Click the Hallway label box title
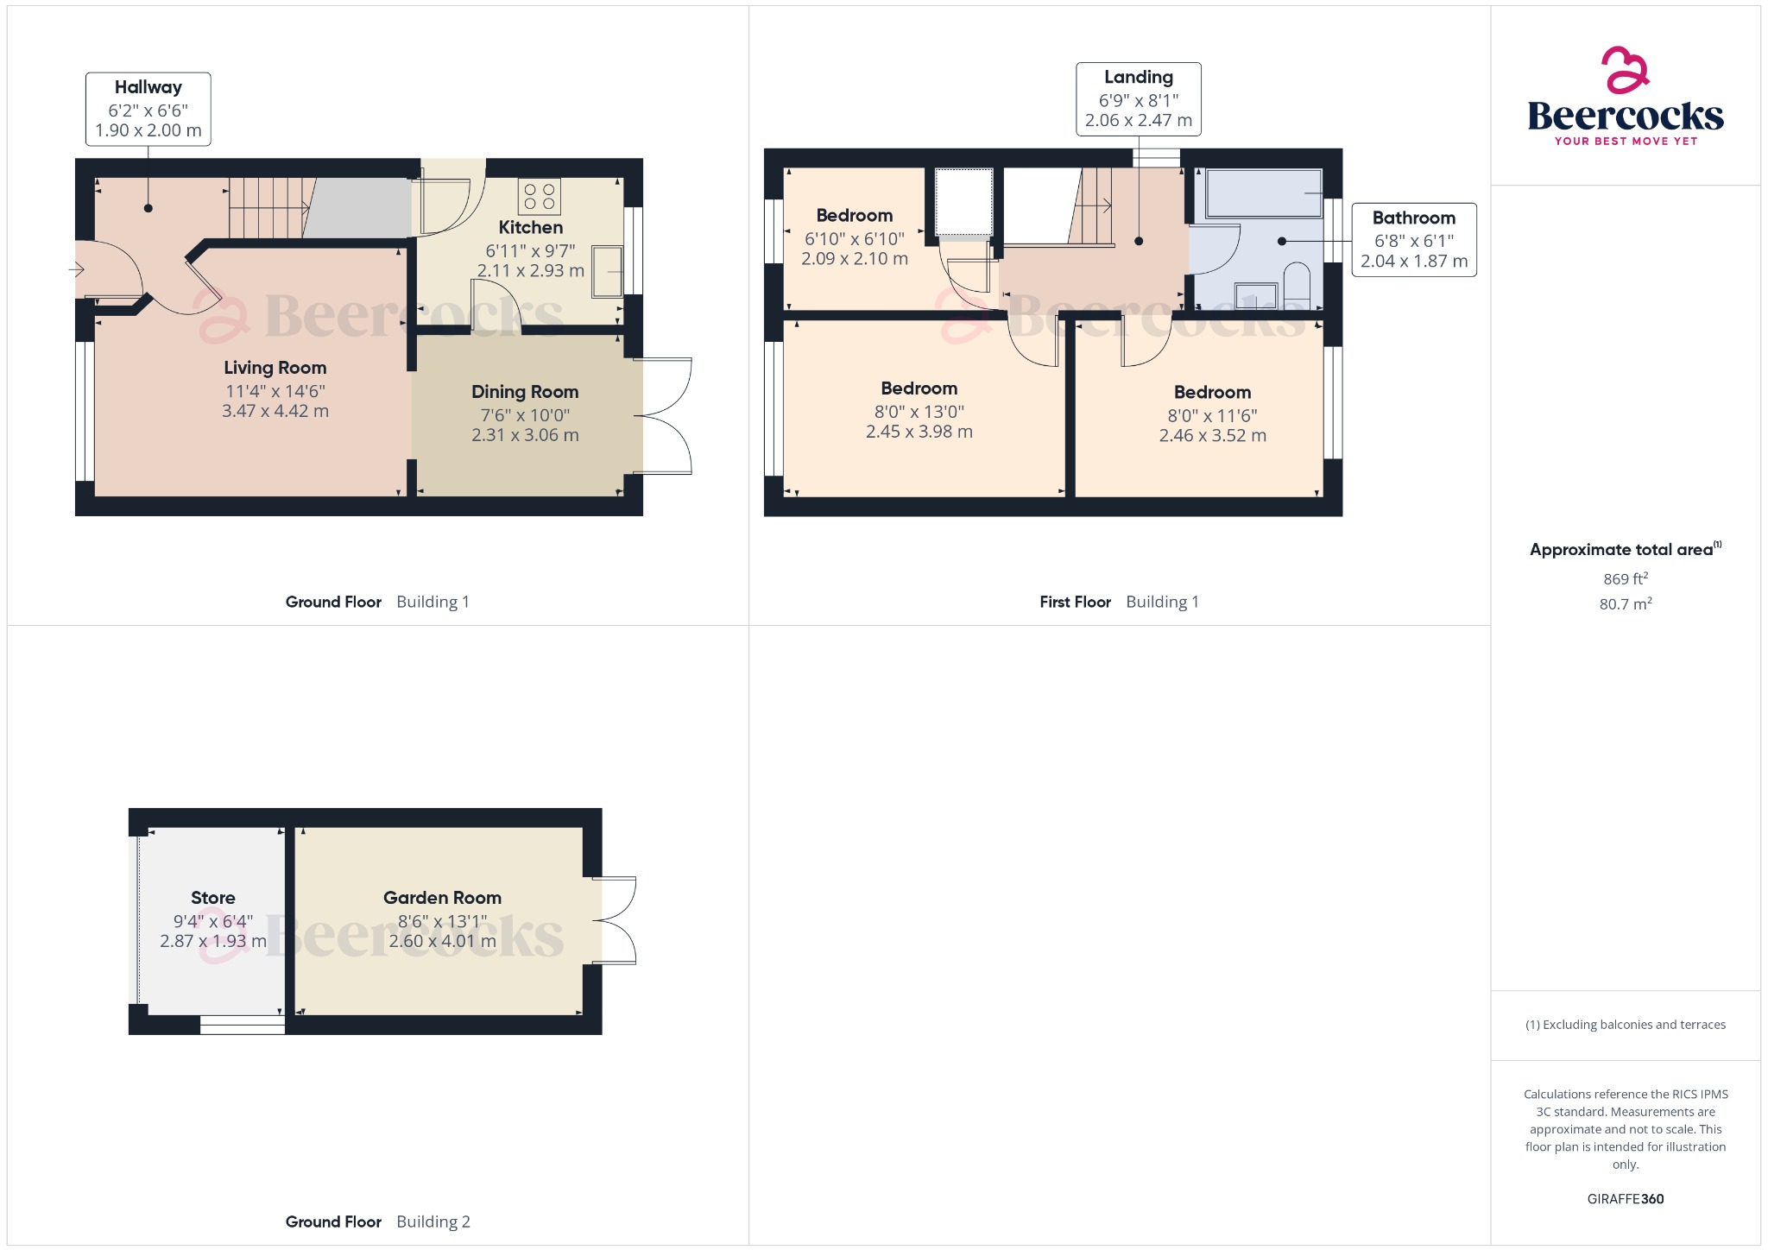tap(148, 87)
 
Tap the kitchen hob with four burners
tap(539, 197)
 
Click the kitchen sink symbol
tap(607, 272)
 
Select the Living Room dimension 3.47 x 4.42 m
tap(275, 411)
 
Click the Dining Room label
tap(525, 392)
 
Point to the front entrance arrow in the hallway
tap(76, 270)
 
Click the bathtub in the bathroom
tap(1263, 193)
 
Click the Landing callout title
tap(1138, 78)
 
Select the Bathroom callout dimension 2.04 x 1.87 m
tap(1413, 261)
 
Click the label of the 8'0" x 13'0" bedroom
tap(919, 388)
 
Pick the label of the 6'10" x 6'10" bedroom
tap(854, 216)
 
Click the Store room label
tap(212, 898)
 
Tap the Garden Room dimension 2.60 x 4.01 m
tap(442, 941)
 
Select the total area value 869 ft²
tap(1625, 578)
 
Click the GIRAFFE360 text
tap(1625, 1198)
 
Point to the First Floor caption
tap(1074, 602)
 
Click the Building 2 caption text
tap(433, 1222)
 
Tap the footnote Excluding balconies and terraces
tap(1625, 1025)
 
